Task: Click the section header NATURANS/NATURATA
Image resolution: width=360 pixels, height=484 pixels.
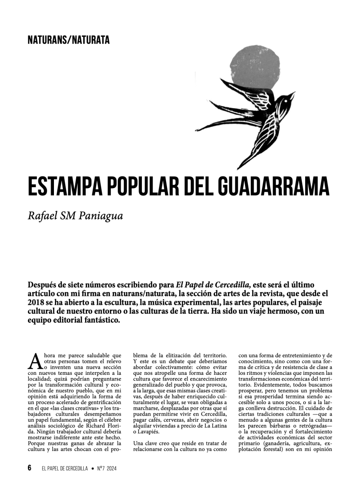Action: [x=69, y=40]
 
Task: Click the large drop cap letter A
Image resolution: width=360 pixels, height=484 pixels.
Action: [x=35, y=362]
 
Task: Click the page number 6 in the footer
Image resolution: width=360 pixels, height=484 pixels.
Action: [x=29, y=468]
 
